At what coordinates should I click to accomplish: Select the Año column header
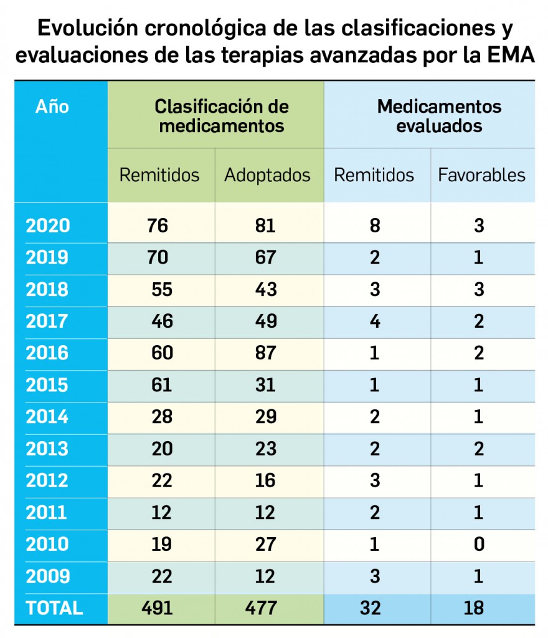pos(52,107)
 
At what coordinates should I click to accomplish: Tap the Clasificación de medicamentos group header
pos(221,116)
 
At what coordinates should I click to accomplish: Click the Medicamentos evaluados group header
pos(439,116)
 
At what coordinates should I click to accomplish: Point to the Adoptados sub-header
pos(267,175)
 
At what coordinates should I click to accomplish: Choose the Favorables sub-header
pos(481,175)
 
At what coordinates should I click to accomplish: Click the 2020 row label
pos(47,226)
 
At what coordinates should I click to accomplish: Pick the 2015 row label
pos(47,385)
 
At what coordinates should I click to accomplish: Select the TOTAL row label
pos(54,608)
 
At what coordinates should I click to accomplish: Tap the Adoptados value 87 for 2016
pos(265,353)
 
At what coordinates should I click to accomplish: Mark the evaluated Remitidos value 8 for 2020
pos(374,226)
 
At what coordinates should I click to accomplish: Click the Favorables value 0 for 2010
pos(478,545)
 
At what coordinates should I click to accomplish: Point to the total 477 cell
pos(265,608)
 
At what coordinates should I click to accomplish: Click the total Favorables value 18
pos(478,608)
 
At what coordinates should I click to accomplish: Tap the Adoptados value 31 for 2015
pos(265,385)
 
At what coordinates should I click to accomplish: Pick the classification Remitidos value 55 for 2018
pos(162,290)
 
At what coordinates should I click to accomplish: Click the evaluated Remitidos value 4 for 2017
pos(374,321)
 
